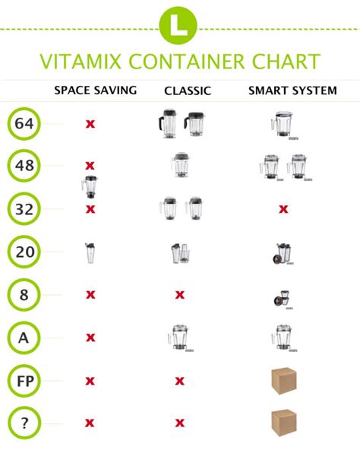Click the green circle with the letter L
point(179,24)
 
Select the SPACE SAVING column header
point(95,90)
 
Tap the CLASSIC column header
point(187,91)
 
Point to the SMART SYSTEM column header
point(292,90)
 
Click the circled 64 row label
point(24,124)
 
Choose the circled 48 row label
point(24,166)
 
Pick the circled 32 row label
point(24,208)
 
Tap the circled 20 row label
point(24,252)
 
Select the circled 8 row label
point(24,294)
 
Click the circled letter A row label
point(24,337)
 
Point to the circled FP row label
point(24,380)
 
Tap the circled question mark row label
point(24,423)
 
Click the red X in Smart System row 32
point(283,208)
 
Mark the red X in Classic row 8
point(180,294)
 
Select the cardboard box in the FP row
point(284,380)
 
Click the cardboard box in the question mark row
point(284,422)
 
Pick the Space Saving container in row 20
point(90,252)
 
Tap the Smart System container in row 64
point(283,124)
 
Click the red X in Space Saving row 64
point(90,123)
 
